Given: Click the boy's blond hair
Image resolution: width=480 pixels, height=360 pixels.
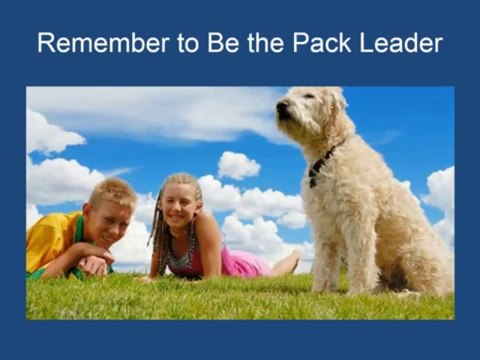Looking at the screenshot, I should pyautogui.click(x=114, y=190).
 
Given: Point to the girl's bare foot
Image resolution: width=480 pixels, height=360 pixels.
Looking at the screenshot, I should pyautogui.click(x=290, y=263).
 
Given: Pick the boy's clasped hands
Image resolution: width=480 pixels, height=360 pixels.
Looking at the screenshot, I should pyautogui.click(x=93, y=265).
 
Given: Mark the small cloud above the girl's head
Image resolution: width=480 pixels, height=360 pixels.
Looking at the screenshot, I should pyautogui.click(x=238, y=164).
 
